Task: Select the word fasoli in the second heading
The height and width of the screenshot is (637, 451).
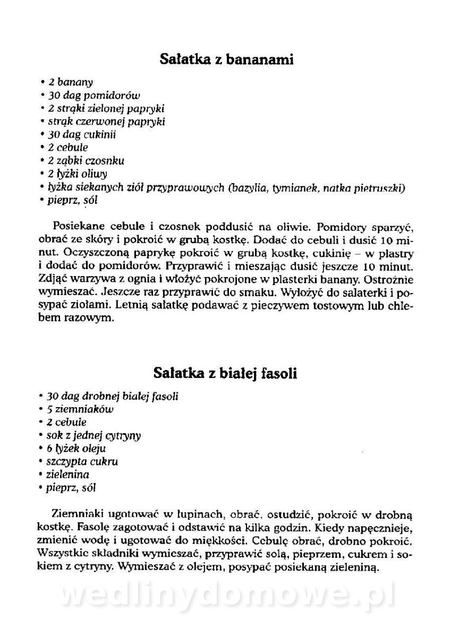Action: pyautogui.click(x=277, y=374)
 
